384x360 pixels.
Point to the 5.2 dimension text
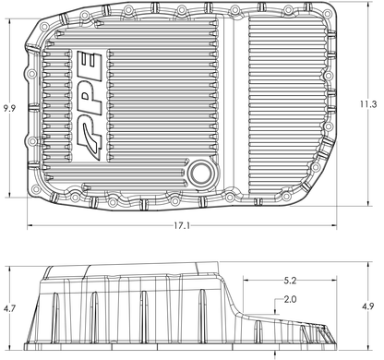(x=290, y=278)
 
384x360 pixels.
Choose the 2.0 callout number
(x=290, y=300)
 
